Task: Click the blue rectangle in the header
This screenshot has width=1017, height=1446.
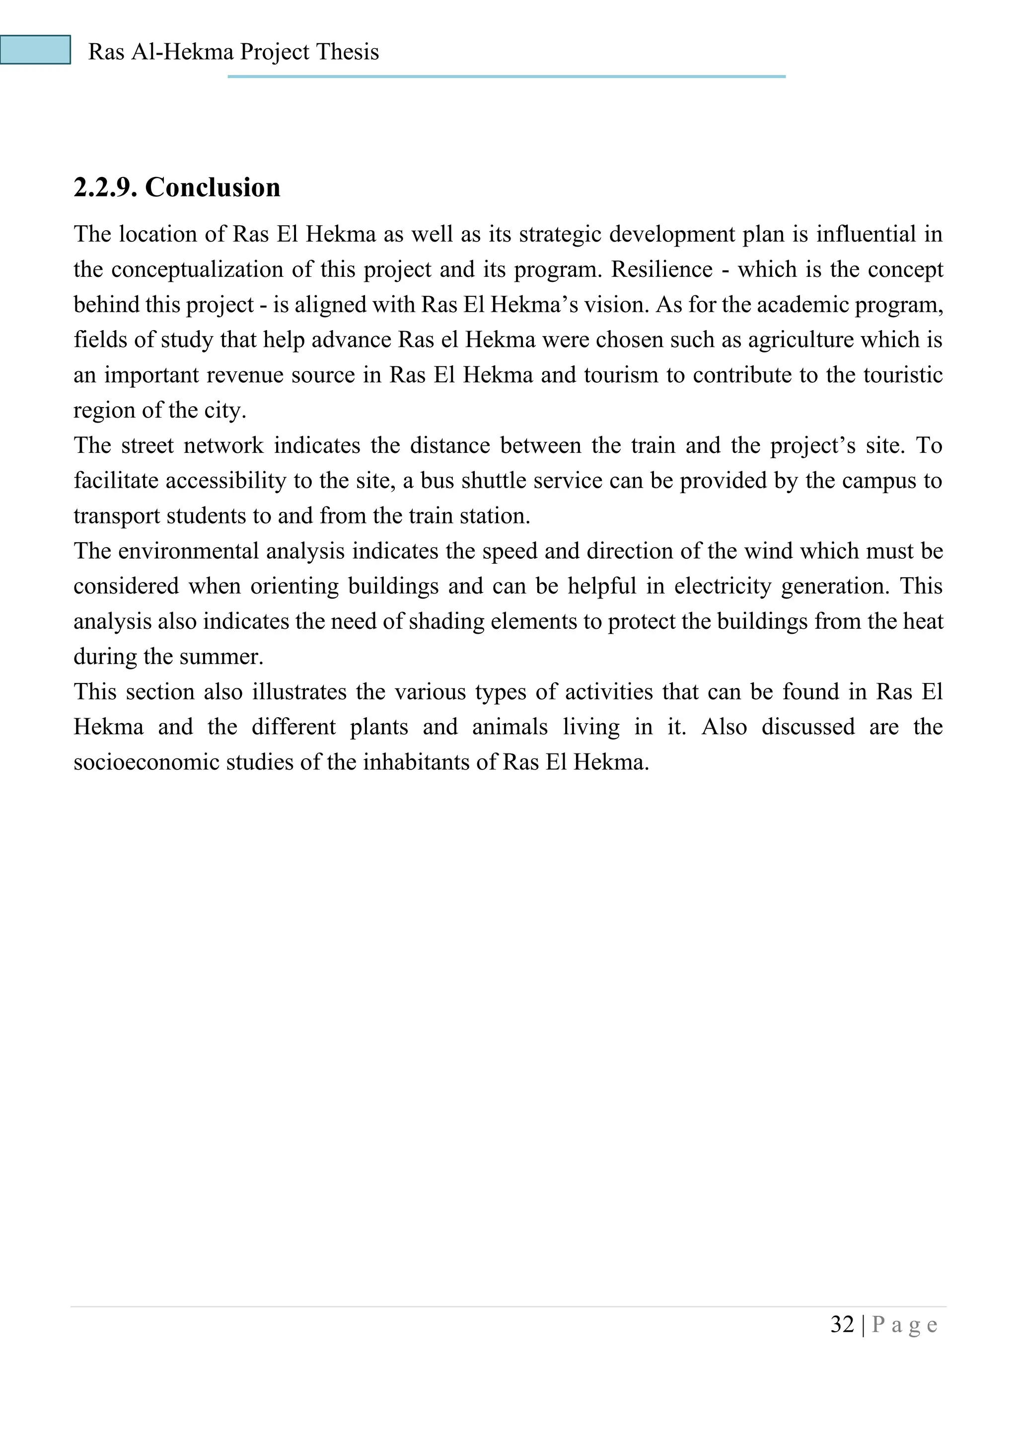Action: (35, 50)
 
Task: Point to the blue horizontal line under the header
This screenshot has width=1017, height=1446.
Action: (507, 76)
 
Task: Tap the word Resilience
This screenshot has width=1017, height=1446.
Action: (662, 269)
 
